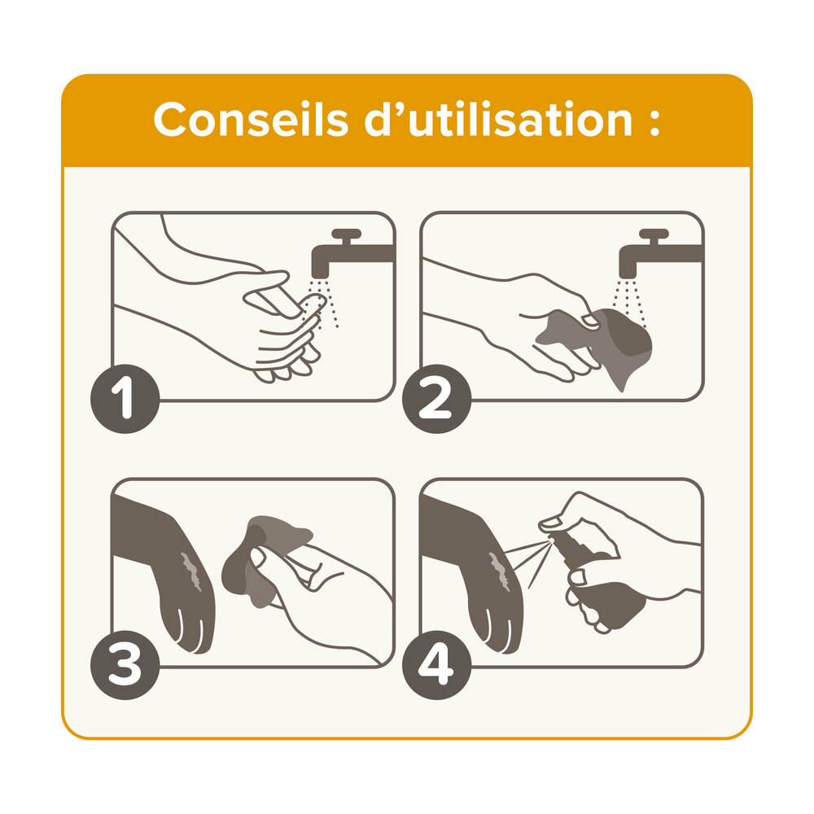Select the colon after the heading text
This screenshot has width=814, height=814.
tap(654, 123)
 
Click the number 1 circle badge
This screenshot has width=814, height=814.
tap(125, 399)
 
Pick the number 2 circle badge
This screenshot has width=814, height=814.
tap(436, 399)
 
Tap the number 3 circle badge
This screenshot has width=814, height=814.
tap(125, 665)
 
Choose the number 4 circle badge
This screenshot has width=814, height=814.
tap(436, 665)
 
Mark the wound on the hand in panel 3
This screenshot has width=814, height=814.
tap(191, 571)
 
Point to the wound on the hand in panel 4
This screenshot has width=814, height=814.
tap(500, 571)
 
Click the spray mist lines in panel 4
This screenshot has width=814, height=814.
tap(527, 563)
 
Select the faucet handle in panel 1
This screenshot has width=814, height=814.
tap(346, 236)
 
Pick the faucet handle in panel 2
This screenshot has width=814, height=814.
tap(654, 236)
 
